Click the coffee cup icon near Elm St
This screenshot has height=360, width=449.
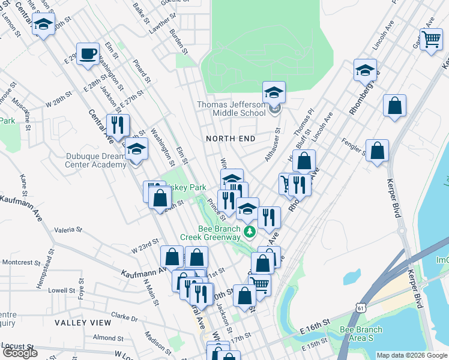pyautogui.click(x=88, y=54)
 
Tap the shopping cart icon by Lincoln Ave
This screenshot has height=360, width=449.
pyautogui.click(x=432, y=40)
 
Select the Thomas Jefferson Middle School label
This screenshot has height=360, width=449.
pyautogui.click(x=232, y=109)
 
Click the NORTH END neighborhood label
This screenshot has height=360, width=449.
pyautogui.click(x=231, y=139)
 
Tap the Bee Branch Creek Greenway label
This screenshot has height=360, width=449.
pyautogui.click(x=220, y=233)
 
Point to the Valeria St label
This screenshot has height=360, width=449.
pyautogui.click(x=68, y=229)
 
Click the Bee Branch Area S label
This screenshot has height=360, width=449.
pyautogui.click(x=361, y=334)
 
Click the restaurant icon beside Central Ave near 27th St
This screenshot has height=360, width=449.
pyautogui.click(x=117, y=125)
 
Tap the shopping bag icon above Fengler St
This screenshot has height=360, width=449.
pyautogui.click(x=394, y=106)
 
